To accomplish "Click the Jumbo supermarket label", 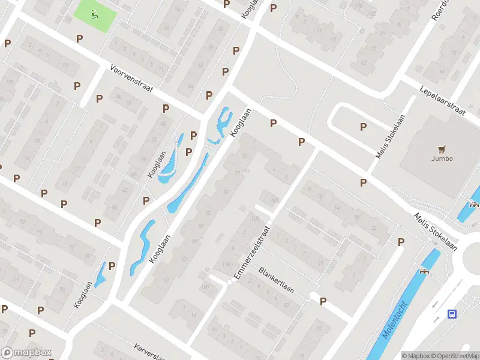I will coord(442,159).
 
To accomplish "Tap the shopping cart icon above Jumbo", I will coord(442,149).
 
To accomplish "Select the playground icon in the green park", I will coord(93,16).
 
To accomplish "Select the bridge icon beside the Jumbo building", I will coord(474,204).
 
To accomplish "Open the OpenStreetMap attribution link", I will coord(455,356).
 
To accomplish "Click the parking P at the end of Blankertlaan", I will coord(323,302).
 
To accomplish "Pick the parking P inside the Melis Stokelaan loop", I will coord(363,127).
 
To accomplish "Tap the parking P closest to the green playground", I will coord(79,38).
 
